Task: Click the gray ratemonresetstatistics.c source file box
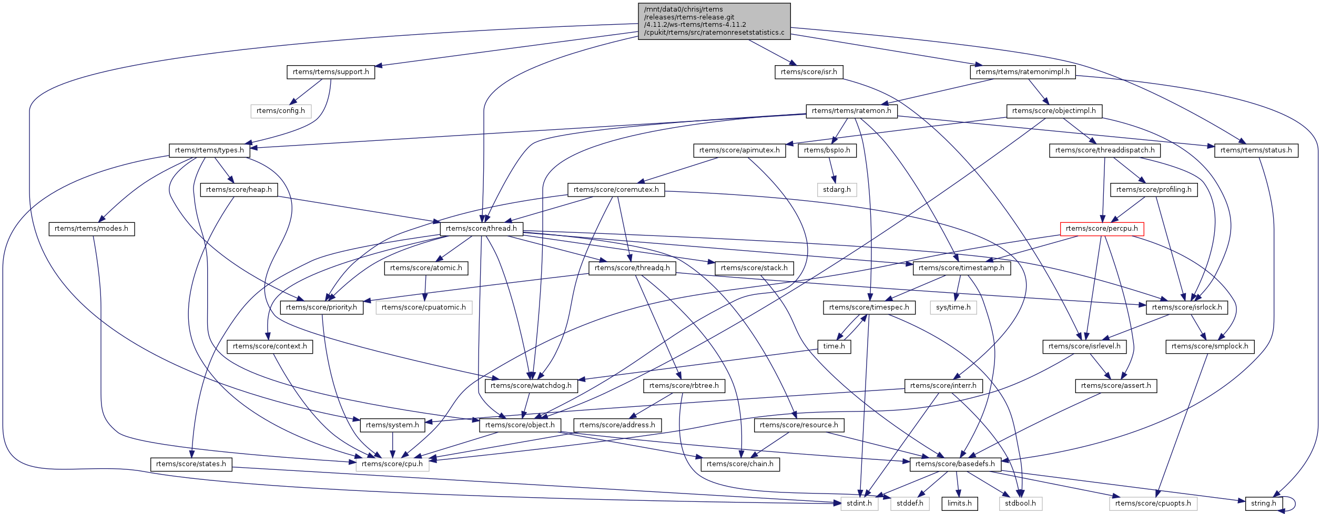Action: pyautogui.click(x=714, y=21)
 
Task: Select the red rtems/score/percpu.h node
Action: pyautogui.click(x=1102, y=229)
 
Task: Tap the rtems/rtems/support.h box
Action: pyautogui.click(x=331, y=72)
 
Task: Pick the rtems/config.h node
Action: pyautogui.click(x=281, y=111)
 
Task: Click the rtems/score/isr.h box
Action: pyautogui.click(x=809, y=72)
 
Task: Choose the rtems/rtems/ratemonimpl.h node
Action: pyautogui.click(x=1022, y=72)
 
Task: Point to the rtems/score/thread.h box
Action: pyautogui.click(x=481, y=229)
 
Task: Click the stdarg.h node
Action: pyautogui.click(x=837, y=190)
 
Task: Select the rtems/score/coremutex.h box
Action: pyautogui.click(x=616, y=190)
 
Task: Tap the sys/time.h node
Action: pyautogui.click(x=953, y=307)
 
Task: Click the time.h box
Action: pyautogui.click(x=834, y=346)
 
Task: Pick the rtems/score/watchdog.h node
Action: pyautogui.click(x=531, y=386)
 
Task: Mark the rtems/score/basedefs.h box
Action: pyautogui.click(x=954, y=464)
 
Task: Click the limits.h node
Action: pyautogui.click(x=959, y=503)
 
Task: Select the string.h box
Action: pyautogui.click(x=1263, y=503)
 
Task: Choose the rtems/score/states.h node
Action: pyautogui.click(x=191, y=464)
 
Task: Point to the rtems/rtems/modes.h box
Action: pyautogui.click(x=92, y=229)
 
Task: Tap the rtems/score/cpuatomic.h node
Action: pyautogui.click(x=423, y=307)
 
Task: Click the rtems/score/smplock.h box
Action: pyautogui.click(x=1210, y=346)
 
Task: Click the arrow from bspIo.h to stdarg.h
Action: pyautogui.click(x=831, y=170)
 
